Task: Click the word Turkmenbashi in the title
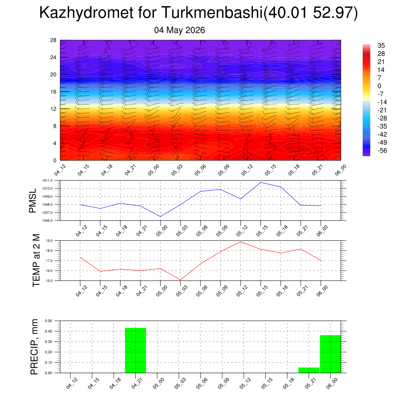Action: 212,13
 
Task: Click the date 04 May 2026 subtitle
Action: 179,30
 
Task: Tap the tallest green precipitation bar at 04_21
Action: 135,350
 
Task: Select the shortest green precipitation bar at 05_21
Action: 309,370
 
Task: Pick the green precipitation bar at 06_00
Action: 331,354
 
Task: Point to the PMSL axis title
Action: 33,201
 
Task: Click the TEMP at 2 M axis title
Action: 36,260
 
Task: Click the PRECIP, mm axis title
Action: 34,347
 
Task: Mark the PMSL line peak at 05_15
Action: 260,182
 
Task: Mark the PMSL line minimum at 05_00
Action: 160,217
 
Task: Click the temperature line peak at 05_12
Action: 240,242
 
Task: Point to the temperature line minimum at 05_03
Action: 180,280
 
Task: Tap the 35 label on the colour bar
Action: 381,45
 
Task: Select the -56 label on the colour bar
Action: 382,150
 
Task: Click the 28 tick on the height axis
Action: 53,40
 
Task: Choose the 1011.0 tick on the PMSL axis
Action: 47,181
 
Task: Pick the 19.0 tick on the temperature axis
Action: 49,241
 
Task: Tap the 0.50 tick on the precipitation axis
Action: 49,321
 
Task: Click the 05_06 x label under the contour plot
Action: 200,170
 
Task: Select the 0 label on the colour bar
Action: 379,86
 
